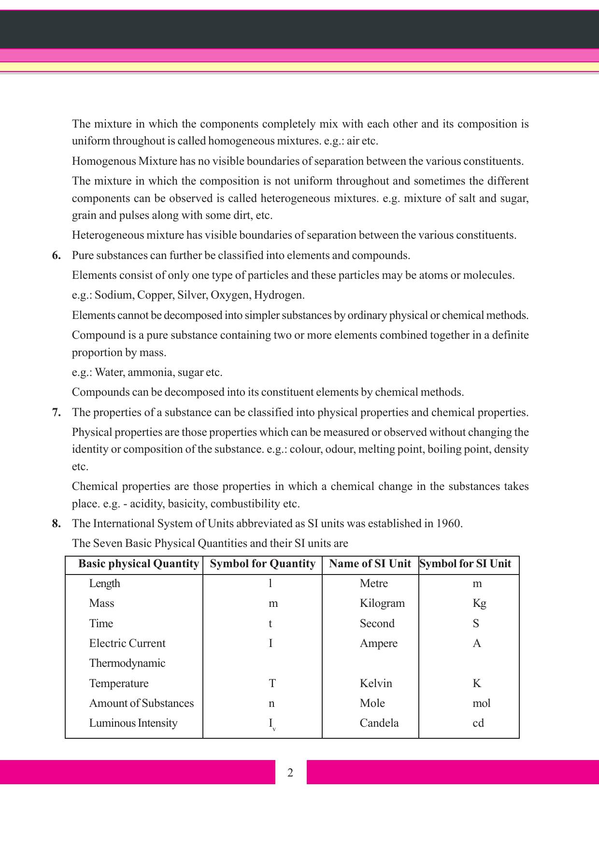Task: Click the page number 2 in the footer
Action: (290, 772)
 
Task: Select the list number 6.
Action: (57, 255)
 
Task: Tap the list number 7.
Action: (57, 412)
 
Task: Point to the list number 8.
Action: (57, 523)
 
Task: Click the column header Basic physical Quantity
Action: (139, 564)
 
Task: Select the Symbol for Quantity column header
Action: (263, 564)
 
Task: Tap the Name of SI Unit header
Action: (370, 564)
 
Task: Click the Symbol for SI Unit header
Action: (465, 564)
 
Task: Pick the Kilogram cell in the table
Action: (382, 603)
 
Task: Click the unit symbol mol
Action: (481, 703)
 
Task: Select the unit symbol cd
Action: (478, 723)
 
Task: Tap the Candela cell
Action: (379, 723)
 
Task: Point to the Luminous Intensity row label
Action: (133, 723)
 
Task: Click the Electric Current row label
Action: (127, 643)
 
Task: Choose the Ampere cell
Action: (379, 643)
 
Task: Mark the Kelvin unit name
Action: (376, 683)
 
